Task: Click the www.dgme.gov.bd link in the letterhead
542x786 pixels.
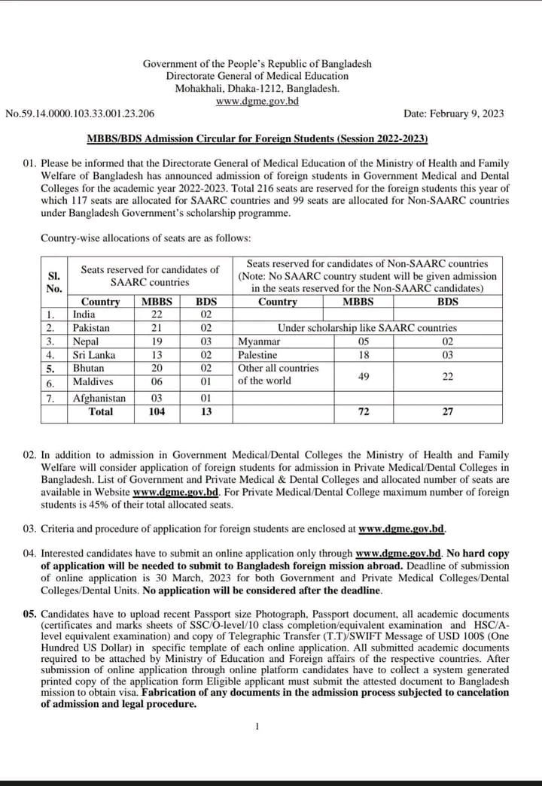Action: (x=257, y=101)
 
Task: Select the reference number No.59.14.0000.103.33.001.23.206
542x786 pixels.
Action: (x=81, y=114)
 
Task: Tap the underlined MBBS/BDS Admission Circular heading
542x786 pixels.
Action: (x=257, y=139)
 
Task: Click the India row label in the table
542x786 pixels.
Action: (x=84, y=314)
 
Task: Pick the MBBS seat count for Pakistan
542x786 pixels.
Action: (x=157, y=328)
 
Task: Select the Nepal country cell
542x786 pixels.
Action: (x=86, y=341)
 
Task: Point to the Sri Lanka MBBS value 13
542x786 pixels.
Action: (x=157, y=355)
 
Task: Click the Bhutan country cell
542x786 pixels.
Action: (x=88, y=369)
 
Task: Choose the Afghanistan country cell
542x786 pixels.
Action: (x=99, y=398)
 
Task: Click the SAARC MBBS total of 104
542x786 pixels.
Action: (x=157, y=411)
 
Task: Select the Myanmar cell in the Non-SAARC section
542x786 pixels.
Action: (x=259, y=341)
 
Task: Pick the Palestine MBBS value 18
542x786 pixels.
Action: (x=364, y=355)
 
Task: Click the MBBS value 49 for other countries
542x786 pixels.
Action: (x=364, y=375)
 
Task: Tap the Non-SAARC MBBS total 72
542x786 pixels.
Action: (x=364, y=411)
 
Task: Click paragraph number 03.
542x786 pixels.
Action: (x=29, y=529)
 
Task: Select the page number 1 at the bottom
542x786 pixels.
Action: (x=257, y=726)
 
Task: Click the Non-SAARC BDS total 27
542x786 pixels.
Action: (x=448, y=411)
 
